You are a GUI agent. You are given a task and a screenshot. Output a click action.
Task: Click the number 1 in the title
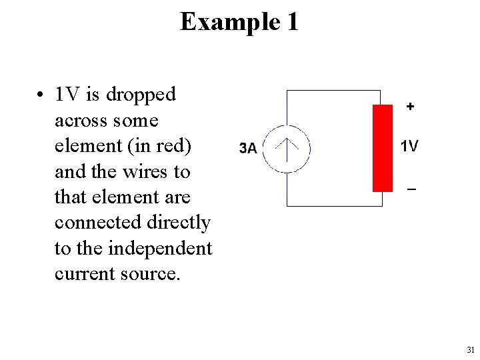(x=292, y=22)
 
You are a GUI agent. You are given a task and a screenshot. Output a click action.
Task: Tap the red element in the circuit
(x=383, y=148)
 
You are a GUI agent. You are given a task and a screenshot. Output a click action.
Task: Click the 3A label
(x=247, y=148)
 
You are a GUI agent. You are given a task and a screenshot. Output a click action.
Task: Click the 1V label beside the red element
(x=409, y=146)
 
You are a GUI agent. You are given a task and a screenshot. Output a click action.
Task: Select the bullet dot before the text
(x=41, y=95)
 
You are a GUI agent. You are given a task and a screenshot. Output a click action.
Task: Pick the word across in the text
(x=77, y=121)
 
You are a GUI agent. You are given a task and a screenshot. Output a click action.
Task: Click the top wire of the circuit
(x=333, y=90)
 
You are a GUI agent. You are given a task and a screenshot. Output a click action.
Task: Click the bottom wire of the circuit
(x=333, y=206)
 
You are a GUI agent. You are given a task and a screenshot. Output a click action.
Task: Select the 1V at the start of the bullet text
(x=68, y=95)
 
